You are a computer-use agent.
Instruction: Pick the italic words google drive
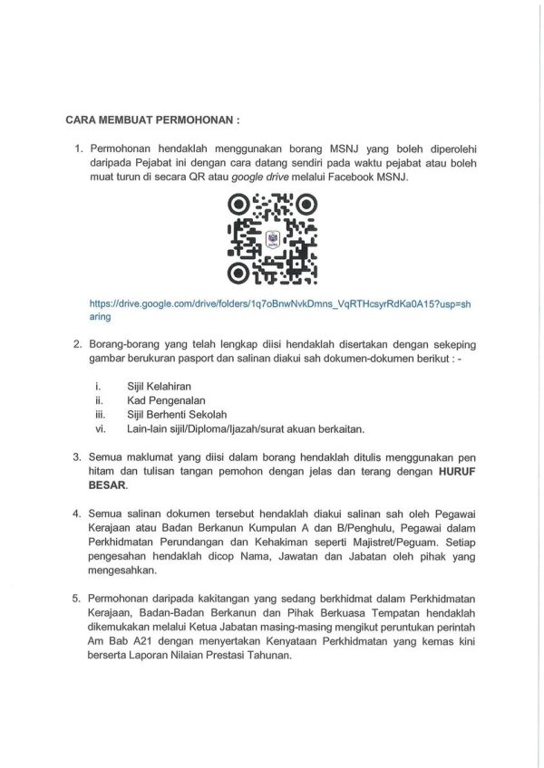coord(261,178)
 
